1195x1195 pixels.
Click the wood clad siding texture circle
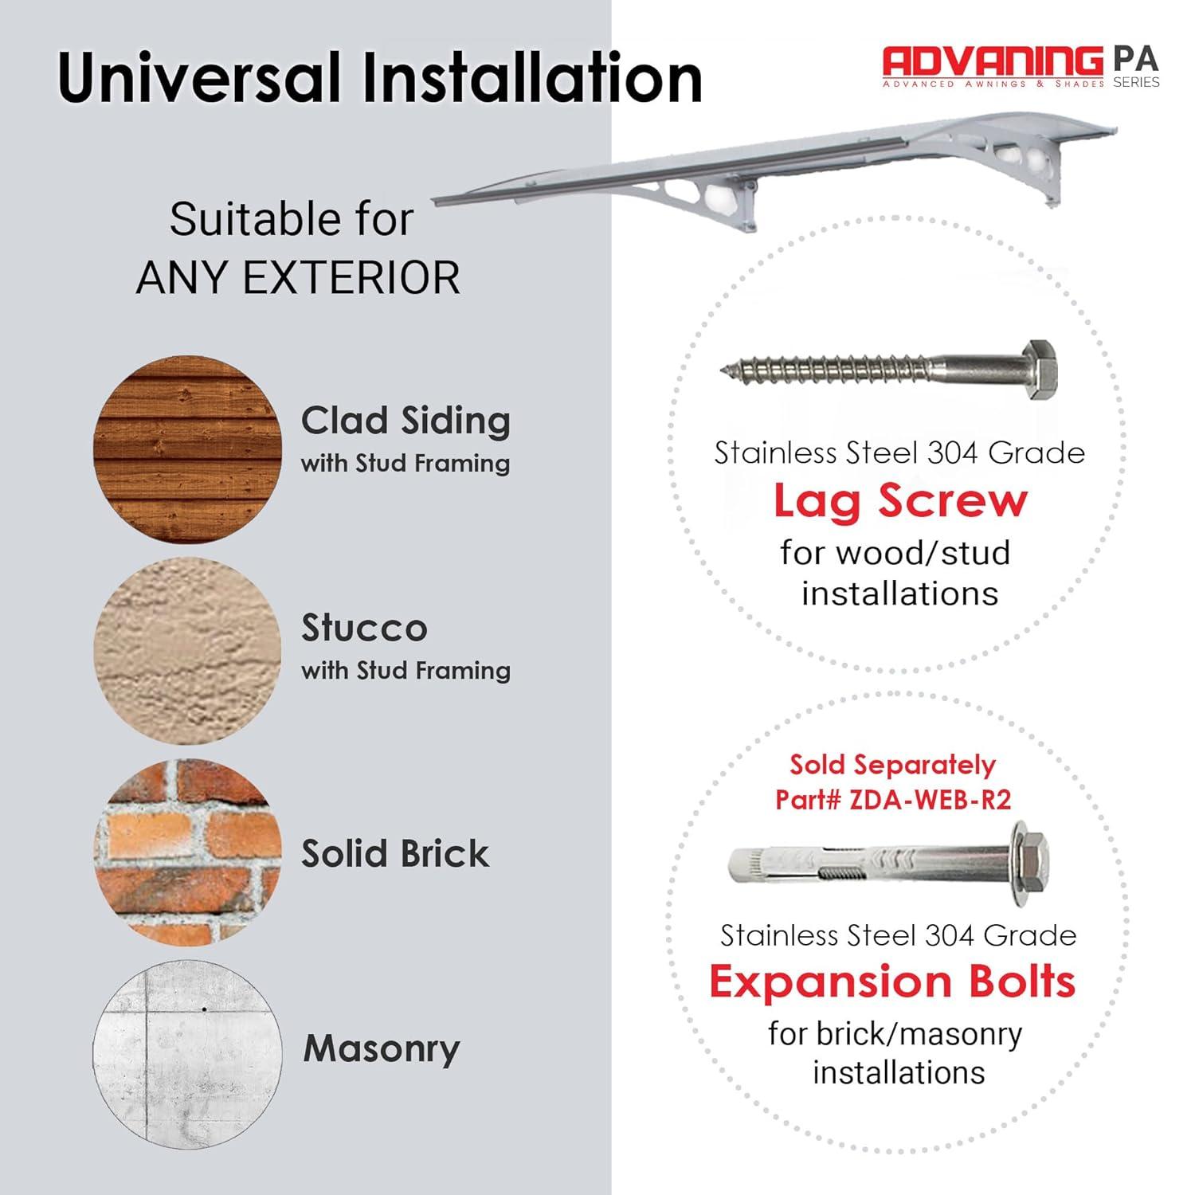(x=188, y=449)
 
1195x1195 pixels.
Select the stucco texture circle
(x=188, y=651)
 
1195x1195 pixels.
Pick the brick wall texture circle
(x=188, y=852)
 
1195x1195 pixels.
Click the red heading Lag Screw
(x=900, y=501)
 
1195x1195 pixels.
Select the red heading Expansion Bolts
(x=892, y=981)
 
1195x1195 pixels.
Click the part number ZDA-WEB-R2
(x=931, y=799)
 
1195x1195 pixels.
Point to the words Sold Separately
(x=892, y=765)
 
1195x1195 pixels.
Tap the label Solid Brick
(x=395, y=853)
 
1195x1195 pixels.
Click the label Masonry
(x=382, y=1049)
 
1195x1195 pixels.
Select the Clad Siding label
(x=406, y=421)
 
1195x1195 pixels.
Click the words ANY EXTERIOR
(x=298, y=278)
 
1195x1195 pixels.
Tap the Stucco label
(x=364, y=629)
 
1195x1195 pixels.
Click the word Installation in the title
(x=532, y=77)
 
